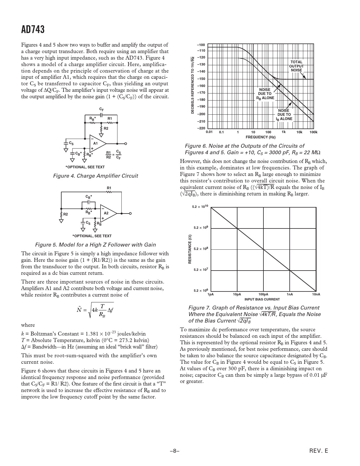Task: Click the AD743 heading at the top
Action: click(x=33, y=29)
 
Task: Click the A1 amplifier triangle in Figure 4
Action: click(x=96, y=143)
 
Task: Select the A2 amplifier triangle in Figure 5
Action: click(x=107, y=213)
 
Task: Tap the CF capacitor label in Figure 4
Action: click(x=101, y=109)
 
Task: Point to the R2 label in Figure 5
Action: click(x=66, y=214)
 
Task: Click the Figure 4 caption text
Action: click(x=95, y=176)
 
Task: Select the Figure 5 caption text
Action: click(x=95, y=245)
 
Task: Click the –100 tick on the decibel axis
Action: click(x=201, y=45)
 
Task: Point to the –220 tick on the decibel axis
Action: click(x=201, y=128)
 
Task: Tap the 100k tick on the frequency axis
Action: click(x=313, y=132)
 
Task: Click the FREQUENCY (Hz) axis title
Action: click(x=260, y=137)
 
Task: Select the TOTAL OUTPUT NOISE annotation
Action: click(x=296, y=66)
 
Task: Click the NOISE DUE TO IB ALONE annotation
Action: click(x=284, y=115)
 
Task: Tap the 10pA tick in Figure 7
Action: click(x=237, y=294)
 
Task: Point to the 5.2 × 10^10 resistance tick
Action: click(x=200, y=207)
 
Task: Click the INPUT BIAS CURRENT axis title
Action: click(x=262, y=299)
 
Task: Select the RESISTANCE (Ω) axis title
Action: click(x=190, y=249)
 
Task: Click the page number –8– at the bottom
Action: click(x=175, y=451)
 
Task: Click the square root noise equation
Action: click(x=95, y=310)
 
